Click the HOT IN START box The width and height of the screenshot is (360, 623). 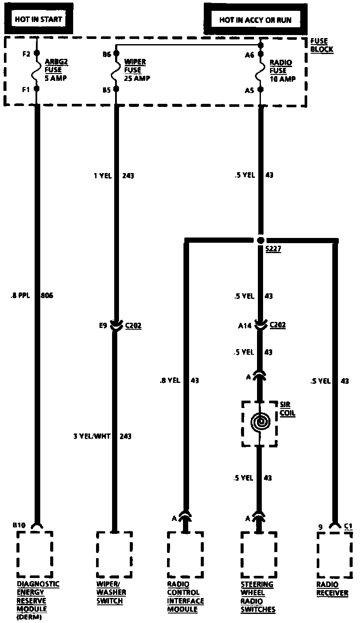[x=39, y=19]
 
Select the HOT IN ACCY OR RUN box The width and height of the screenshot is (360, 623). [x=255, y=20]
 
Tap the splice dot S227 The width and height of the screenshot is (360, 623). [x=260, y=240]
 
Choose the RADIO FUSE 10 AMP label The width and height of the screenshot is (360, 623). [x=282, y=71]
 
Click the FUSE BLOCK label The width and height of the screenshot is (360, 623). [x=321, y=45]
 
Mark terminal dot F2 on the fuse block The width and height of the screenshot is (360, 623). [x=36, y=55]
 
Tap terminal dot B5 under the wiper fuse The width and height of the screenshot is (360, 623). [x=116, y=90]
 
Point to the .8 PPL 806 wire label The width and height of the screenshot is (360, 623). [x=31, y=296]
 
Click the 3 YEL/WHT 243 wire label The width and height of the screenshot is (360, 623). [x=102, y=436]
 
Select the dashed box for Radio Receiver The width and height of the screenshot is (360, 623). [x=334, y=555]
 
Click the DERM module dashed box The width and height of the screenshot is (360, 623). [x=35, y=555]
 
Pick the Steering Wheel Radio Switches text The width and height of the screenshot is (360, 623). [x=258, y=597]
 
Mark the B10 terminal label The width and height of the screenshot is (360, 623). [x=19, y=525]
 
